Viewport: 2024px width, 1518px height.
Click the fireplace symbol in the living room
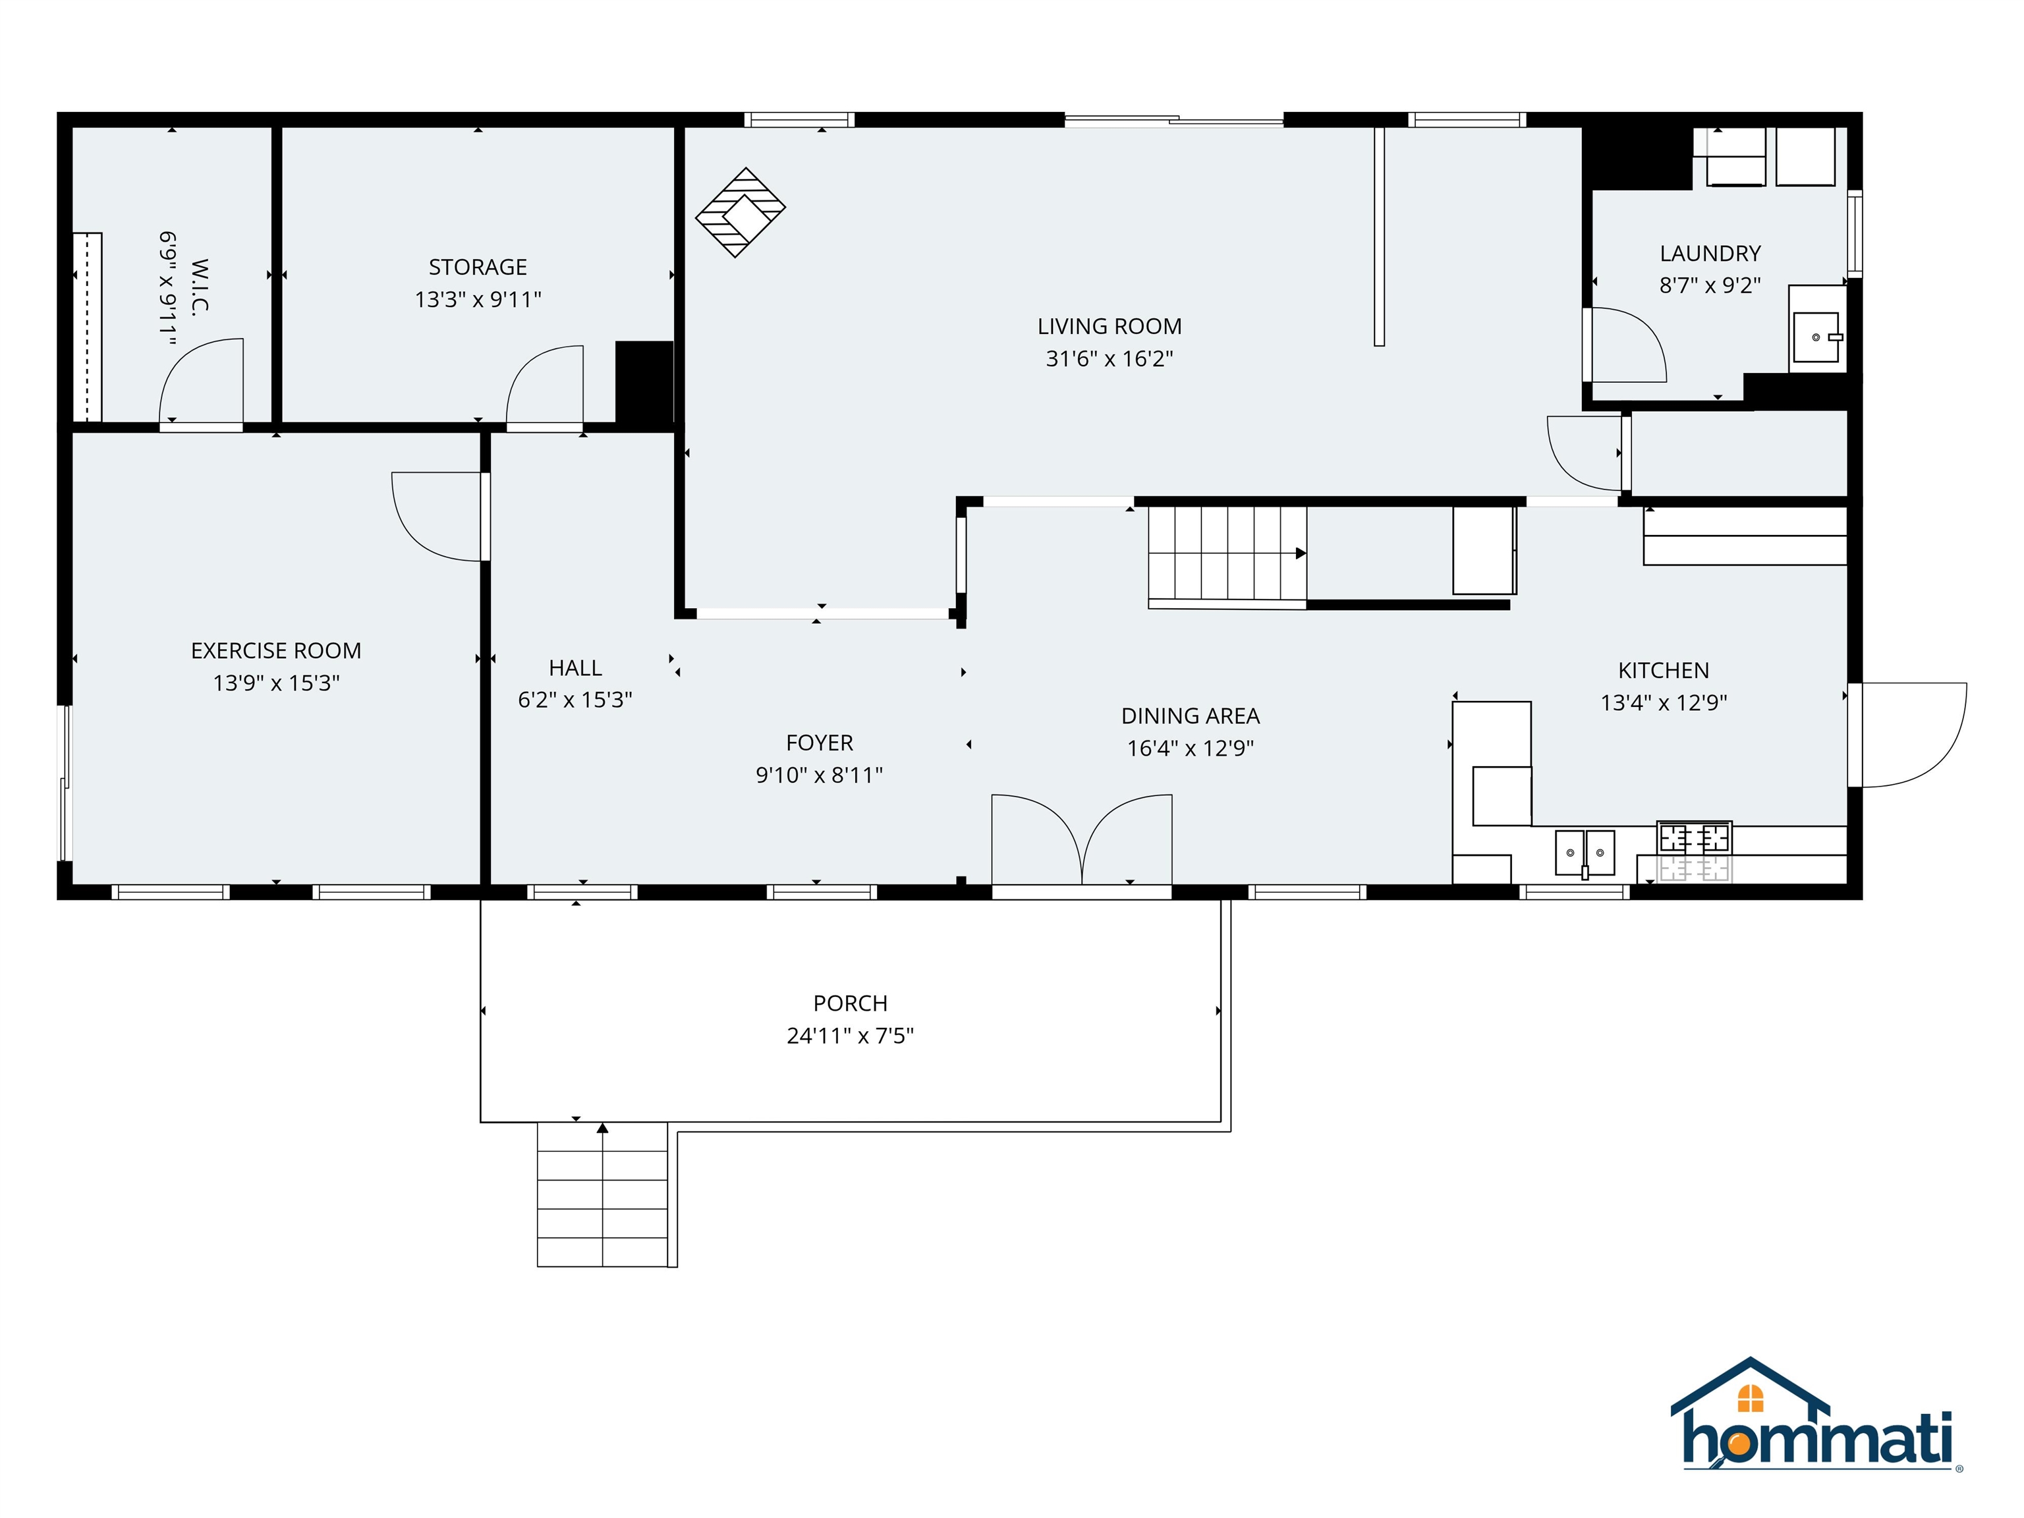tap(741, 212)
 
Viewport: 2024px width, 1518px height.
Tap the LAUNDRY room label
tap(1709, 254)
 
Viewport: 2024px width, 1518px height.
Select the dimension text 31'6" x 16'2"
tap(1109, 358)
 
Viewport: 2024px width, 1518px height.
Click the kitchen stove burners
tap(1694, 838)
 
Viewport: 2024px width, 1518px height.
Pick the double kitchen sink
tap(1585, 853)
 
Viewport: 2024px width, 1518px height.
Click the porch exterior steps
tap(602, 1194)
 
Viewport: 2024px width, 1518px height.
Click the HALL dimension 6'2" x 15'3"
tap(575, 700)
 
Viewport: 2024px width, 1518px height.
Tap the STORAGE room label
tap(478, 267)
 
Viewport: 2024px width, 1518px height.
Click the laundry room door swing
tap(1627, 346)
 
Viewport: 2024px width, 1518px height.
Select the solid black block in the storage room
tap(644, 381)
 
